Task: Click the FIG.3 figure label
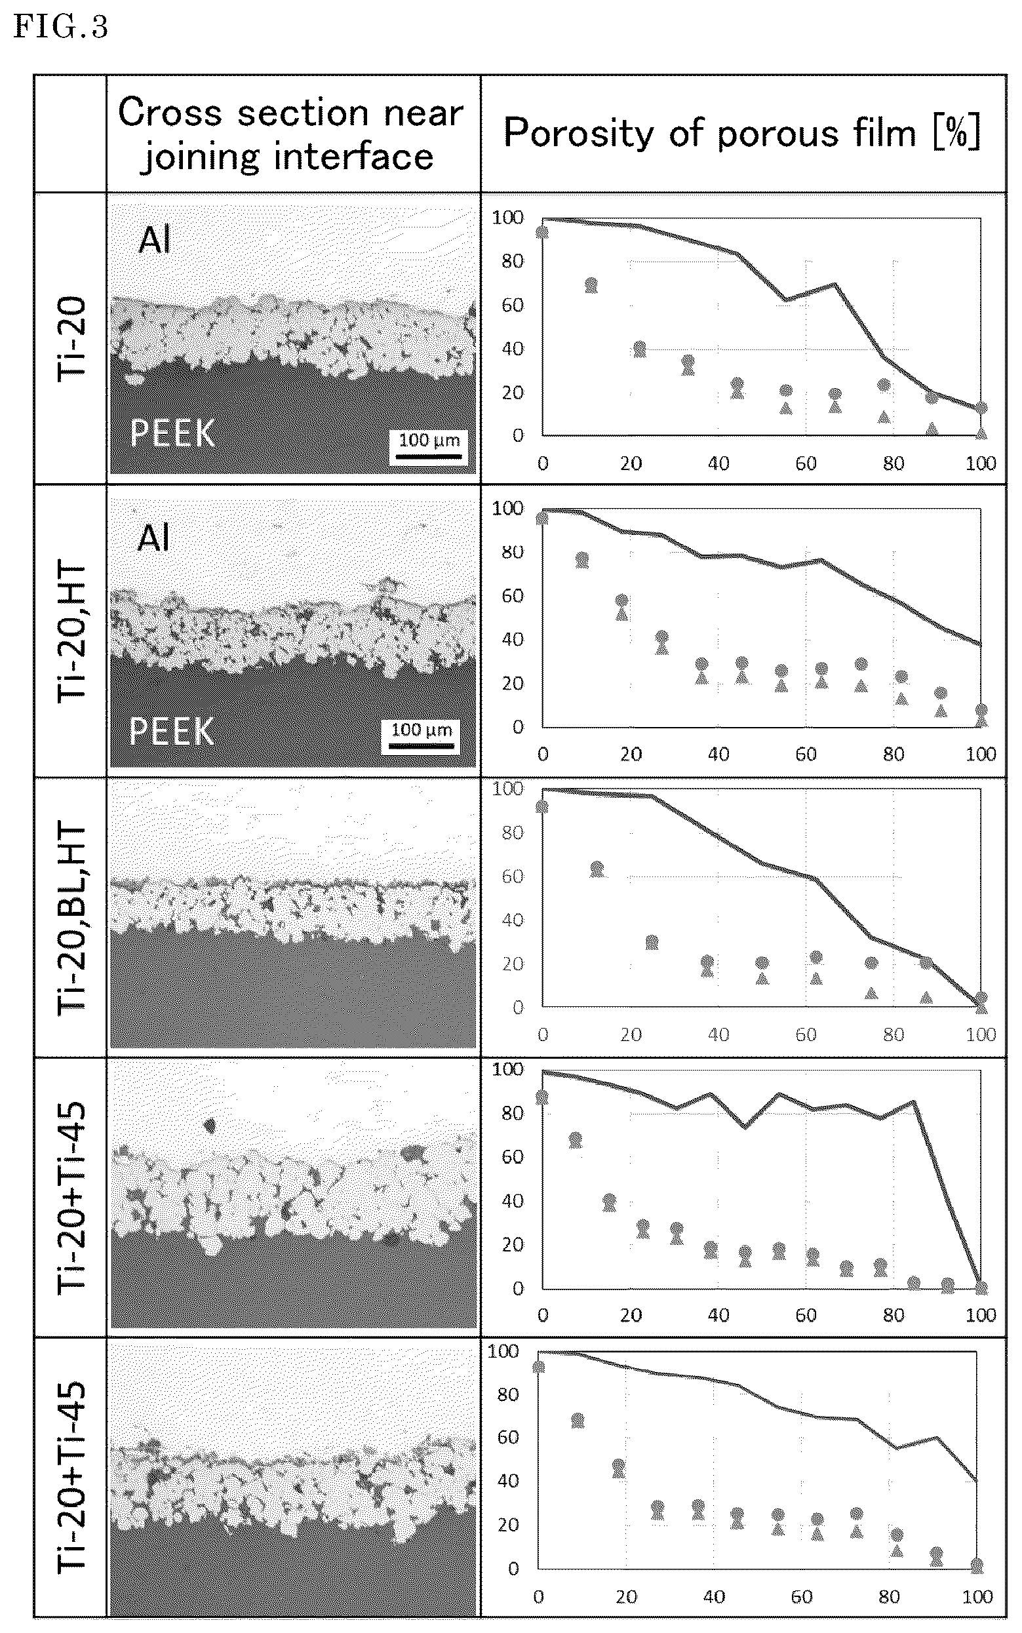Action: (61, 27)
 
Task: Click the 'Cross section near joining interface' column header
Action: (290, 134)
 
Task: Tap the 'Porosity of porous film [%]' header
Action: (742, 132)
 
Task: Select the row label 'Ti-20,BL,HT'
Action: (71, 917)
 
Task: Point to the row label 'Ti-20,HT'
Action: (71, 632)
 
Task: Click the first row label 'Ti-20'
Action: (71, 339)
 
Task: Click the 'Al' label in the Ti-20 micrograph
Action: (155, 240)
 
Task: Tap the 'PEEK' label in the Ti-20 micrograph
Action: (173, 433)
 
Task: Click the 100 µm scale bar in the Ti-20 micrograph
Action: (429, 456)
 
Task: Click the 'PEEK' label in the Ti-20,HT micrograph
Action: (172, 732)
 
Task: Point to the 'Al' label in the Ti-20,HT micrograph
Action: (153, 539)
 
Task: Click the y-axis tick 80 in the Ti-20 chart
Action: (513, 261)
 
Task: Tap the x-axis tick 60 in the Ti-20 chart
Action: (806, 463)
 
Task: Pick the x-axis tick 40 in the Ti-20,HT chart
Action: (718, 755)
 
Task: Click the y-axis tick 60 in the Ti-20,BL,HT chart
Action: (513, 876)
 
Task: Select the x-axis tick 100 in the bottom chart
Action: (977, 1597)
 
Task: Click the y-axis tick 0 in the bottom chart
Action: (514, 1568)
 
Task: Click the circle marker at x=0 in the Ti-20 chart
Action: (541, 233)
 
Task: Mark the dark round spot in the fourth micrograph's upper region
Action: (209, 1126)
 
